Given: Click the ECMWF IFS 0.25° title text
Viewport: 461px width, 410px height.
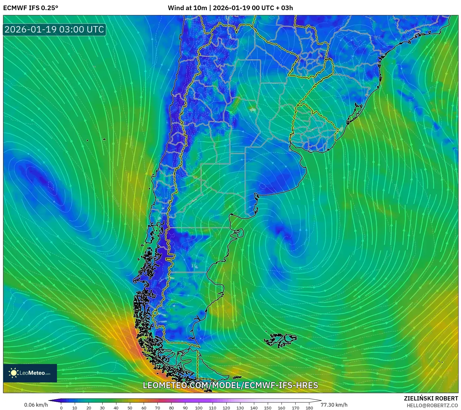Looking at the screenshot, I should (x=31, y=8).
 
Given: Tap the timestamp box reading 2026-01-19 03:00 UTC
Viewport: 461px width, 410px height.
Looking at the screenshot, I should (x=55, y=29).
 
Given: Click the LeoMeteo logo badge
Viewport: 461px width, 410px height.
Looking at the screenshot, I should (x=30, y=373).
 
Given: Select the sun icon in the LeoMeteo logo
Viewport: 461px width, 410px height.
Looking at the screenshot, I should (x=14, y=373).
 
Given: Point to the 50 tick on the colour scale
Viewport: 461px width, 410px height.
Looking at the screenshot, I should (x=130, y=408).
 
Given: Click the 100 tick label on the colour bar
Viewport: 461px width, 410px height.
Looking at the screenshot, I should (x=199, y=408).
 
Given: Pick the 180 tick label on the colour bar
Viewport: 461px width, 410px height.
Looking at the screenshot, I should (x=309, y=408).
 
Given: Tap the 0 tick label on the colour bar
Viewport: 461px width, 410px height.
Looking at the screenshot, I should (x=61, y=408).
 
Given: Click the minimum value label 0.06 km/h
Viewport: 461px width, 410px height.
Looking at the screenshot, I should (x=36, y=405).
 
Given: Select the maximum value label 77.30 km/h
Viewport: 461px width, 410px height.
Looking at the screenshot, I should (x=334, y=405).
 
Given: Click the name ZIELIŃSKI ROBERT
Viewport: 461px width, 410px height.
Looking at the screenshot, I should (x=431, y=399).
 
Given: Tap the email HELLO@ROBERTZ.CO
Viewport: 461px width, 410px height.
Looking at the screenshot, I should (x=432, y=405).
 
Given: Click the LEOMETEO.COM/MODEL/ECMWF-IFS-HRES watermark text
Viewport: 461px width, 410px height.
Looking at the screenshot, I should (x=230, y=385).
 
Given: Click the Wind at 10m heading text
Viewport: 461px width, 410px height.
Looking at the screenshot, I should (x=187, y=8).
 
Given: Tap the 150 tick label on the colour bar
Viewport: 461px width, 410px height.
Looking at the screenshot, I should (x=268, y=408).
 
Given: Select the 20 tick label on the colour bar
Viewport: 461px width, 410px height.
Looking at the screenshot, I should (x=89, y=408).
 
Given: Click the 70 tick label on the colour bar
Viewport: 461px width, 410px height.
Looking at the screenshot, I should (x=157, y=408).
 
